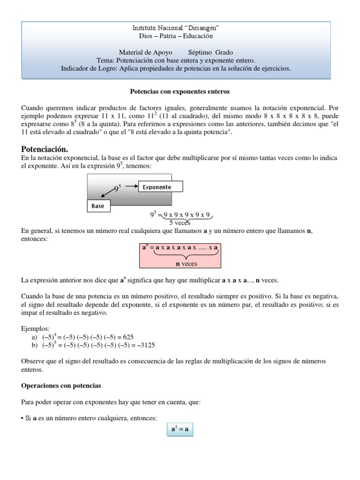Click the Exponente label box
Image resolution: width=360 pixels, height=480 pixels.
[x=160, y=187]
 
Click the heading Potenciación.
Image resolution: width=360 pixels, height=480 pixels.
[x=45, y=149]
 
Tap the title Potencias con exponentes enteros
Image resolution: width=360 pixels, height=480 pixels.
[x=180, y=91]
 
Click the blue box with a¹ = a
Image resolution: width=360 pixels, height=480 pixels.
[x=180, y=429]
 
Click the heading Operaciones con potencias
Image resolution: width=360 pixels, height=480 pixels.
[x=61, y=386]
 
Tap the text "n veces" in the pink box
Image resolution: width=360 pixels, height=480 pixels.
[x=180, y=264]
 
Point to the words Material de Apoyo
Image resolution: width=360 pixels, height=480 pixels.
[x=145, y=52]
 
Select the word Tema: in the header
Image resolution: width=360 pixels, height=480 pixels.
[x=105, y=60]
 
